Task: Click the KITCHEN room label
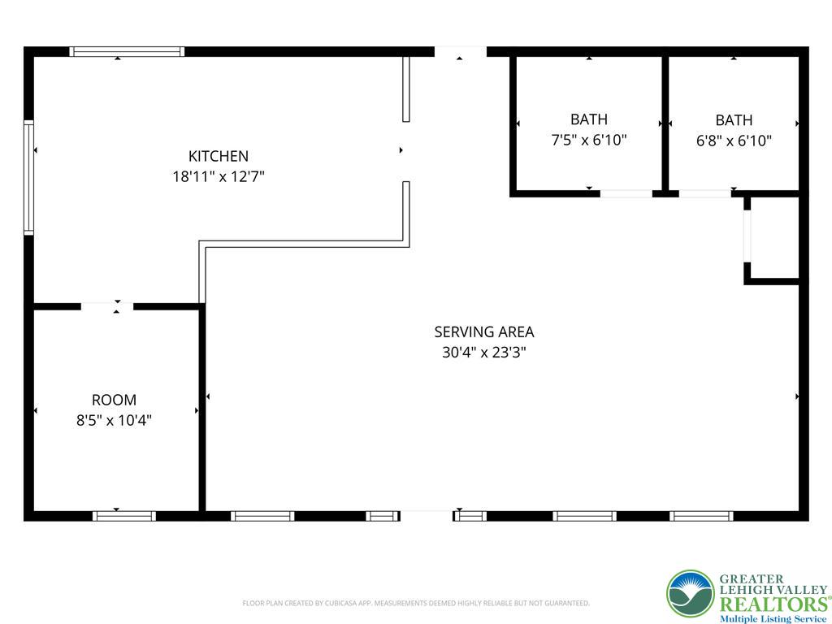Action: click(219, 156)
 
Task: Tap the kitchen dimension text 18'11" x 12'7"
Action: click(219, 176)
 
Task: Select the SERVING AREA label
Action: click(484, 332)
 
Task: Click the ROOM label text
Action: click(114, 400)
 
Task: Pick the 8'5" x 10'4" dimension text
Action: click(114, 420)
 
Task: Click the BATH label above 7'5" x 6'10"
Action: click(589, 119)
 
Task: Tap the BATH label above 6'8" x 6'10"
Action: click(734, 120)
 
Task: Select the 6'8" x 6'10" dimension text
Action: click(734, 141)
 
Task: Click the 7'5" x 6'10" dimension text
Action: click(589, 140)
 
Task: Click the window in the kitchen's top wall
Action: click(127, 51)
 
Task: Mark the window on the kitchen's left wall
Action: click(28, 177)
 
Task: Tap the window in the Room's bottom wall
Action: click(124, 516)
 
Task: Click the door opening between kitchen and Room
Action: click(106, 306)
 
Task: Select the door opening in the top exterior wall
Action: click(460, 51)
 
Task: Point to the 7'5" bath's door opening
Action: click(626, 193)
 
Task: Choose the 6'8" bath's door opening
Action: click(705, 193)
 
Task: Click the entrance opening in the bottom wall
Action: click(426, 516)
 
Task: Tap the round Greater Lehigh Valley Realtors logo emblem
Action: click(691, 594)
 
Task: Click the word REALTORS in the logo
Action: click(773, 604)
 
